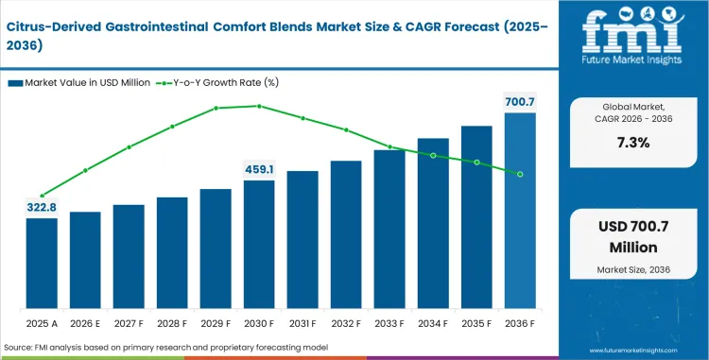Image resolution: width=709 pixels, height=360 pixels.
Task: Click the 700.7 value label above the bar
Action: [520, 101]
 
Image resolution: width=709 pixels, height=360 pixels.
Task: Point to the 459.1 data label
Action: [259, 169]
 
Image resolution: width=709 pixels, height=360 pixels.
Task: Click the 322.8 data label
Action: [42, 207]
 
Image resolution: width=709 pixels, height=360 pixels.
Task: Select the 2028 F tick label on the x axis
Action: [172, 324]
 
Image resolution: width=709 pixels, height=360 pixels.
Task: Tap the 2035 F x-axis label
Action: [476, 324]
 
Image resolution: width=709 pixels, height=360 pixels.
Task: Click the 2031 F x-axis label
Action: [303, 324]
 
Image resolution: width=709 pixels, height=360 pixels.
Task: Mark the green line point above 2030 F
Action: [259, 106]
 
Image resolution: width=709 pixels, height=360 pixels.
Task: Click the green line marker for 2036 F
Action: [520, 174]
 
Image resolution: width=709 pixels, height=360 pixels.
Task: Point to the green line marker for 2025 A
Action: [42, 196]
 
